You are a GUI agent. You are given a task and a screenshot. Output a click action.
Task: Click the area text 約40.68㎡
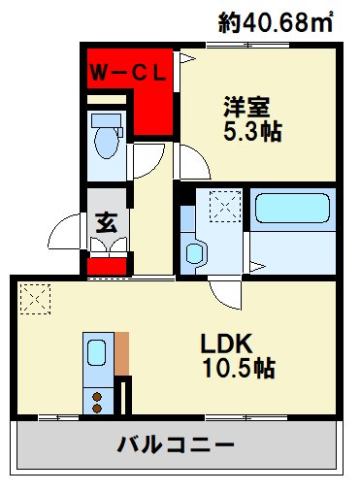(277, 21)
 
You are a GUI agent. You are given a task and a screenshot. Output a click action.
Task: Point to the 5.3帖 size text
(250, 132)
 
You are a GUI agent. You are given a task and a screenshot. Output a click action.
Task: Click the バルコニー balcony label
(176, 446)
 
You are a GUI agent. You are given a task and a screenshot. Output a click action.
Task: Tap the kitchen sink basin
(98, 354)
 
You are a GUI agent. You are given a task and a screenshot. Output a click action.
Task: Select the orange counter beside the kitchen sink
(121, 354)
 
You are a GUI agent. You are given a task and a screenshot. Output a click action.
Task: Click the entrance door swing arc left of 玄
(68, 230)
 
